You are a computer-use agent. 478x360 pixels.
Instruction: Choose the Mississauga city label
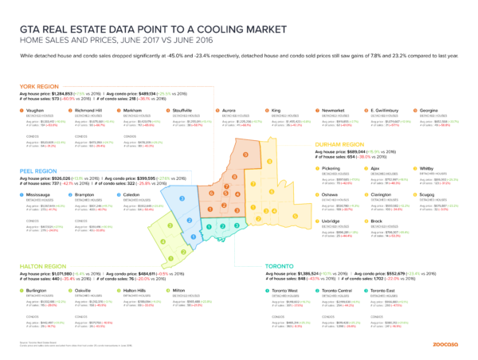pyautogui.click(x=41, y=194)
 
